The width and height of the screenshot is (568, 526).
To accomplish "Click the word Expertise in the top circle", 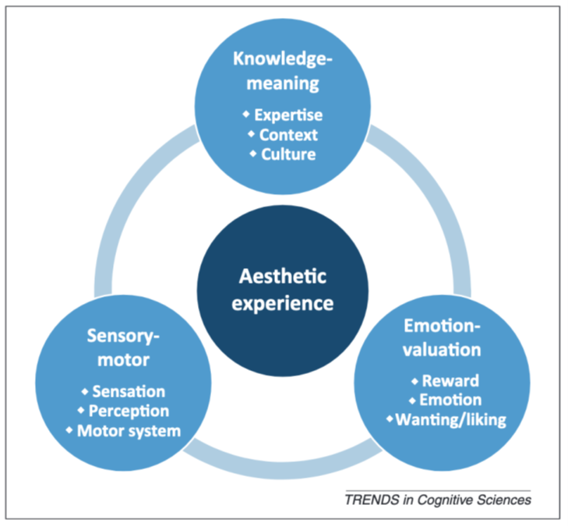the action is click(288, 115).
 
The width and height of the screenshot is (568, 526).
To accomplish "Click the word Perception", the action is click(129, 411).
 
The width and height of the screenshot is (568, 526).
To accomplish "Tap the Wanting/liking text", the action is click(450, 420).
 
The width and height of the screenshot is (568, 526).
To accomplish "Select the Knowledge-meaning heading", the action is click(283, 71).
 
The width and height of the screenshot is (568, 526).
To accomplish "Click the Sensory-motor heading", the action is click(123, 348).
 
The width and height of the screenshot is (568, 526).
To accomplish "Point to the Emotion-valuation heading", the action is click(442, 338).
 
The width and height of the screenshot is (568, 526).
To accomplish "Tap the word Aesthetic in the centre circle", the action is click(283, 277).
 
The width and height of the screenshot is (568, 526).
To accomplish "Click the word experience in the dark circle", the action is click(283, 303).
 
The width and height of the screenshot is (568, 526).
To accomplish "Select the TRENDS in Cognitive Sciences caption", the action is click(438, 500).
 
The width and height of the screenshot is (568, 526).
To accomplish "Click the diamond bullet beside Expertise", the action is click(246, 114).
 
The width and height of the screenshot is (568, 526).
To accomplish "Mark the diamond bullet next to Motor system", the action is click(69, 430).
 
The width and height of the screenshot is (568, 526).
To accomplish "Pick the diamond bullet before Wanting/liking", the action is click(390, 418).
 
